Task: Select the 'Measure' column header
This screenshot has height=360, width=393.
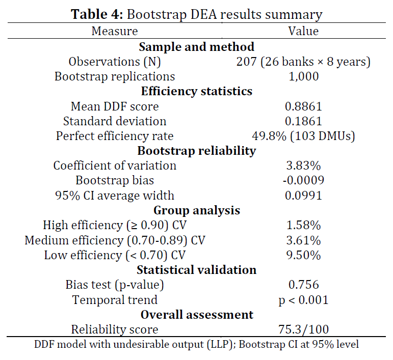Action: [115, 31]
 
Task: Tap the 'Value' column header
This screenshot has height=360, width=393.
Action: [303, 31]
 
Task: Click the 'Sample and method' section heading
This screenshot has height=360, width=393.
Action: [196, 47]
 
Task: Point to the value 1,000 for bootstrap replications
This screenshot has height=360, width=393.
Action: [303, 76]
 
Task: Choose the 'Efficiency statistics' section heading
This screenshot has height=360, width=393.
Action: [196, 92]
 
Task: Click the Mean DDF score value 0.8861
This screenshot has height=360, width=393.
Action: [303, 106]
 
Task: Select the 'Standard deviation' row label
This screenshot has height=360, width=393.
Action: [115, 121]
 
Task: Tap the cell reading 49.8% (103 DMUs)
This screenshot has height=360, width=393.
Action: [303, 136]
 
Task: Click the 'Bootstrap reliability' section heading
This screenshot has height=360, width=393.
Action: [196, 151]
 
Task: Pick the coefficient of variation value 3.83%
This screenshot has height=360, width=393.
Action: [303, 165]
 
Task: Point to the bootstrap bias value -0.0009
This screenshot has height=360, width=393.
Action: [303, 180]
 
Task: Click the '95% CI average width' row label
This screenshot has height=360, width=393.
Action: [115, 195]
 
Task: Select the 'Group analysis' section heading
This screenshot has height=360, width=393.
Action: [196, 210]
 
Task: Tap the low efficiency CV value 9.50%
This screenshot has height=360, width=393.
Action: [303, 255]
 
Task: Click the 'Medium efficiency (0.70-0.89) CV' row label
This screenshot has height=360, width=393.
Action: [115, 240]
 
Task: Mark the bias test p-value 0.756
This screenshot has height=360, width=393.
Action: [303, 285]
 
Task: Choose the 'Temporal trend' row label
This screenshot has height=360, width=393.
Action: [115, 300]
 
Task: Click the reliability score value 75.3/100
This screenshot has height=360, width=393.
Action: [303, 329]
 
